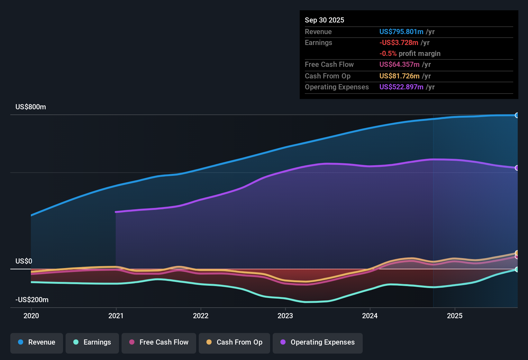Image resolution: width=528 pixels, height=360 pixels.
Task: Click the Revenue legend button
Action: pyautogui.click(x=37, y=342)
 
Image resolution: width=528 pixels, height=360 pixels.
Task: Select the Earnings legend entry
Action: pyautogui.click(x=92, y=342)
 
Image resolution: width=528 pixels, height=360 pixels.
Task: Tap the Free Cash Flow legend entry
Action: pyautogui.click(x=159, y=342)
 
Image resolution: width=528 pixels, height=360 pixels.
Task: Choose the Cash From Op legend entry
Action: pyautogui.click(x=234, y=342)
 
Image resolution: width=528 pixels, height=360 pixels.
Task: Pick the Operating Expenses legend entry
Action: pyautogui.click(x=318, y=342)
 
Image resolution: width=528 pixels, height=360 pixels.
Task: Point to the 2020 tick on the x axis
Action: pyautogui.click(x=31, y=316)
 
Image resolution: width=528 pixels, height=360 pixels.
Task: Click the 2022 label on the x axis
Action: pyautogui.click(x=201, y=316)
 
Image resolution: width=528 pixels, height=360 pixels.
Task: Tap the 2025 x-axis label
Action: pyautogui.click(x=455, y=316)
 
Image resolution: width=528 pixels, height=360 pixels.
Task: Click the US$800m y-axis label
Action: pyautogui.click(x=31, y=107)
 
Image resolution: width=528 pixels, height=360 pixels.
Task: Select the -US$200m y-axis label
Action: pyautogui.click(x=32, y=300)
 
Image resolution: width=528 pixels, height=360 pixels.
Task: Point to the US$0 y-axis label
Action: pyautogui.click(x=24, y=261)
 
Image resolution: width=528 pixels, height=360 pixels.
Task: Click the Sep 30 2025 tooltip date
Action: pyautogui.click(x=324, y=20)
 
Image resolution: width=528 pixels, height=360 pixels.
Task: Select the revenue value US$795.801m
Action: pyautogui.click(x=401, y=32)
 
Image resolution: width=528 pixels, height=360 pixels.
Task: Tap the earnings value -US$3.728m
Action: pyautogui.click(x=399, y=43)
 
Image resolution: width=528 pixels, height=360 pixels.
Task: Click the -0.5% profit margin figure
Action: pyautogui.click(x=388, y=54)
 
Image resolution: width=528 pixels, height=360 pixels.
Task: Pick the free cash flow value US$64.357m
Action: pyautogui.click(x=399, y=65)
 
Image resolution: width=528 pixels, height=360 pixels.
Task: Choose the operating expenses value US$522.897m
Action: pyautogui.click(x=401, y=87)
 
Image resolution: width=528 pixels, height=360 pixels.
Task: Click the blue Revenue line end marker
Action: pyautogui.click(x=517, y=115)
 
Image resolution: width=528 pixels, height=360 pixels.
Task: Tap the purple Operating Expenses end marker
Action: pyautogui.click(x=517, y=168)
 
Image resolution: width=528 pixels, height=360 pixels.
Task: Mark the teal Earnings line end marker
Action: pyautogui.click(x=517, y=269)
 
